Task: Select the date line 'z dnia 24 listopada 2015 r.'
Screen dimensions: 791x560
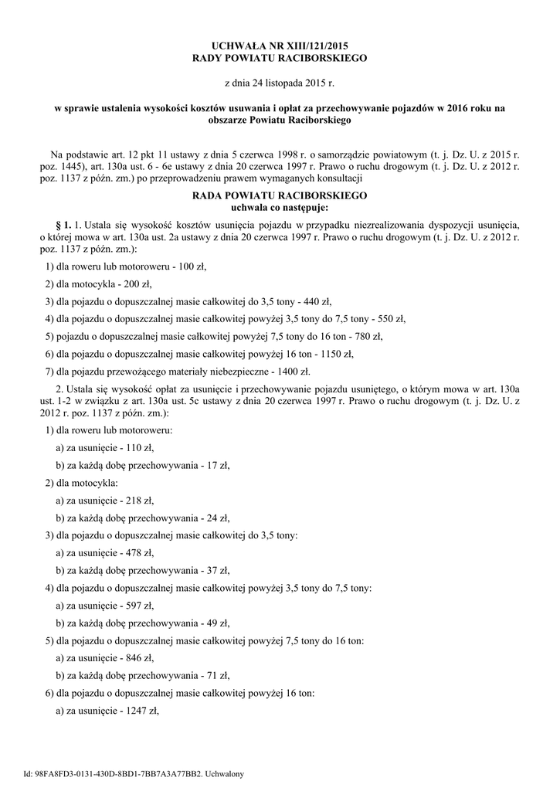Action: (280, 81)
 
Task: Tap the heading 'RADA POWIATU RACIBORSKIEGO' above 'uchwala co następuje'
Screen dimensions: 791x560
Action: (280, 196)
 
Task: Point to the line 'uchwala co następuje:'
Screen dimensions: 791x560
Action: (280, 208)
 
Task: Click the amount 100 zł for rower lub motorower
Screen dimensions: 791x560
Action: (192, 266)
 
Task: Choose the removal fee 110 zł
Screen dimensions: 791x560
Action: (140, 447)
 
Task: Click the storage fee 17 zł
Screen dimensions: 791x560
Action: (215, 465)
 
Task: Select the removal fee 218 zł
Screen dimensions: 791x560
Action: (140, 501)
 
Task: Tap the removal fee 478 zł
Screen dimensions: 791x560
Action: (140, 553)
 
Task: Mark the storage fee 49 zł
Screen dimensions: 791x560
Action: (215, 623)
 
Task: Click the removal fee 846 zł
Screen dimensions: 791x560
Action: (140, 658)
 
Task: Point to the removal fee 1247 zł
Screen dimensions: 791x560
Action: (142, 711)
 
